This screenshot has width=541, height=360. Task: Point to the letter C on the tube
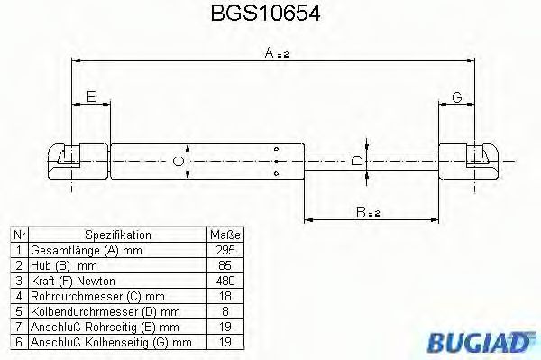179,162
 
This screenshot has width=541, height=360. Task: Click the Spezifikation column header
117,234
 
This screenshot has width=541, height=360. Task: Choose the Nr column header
18,234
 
